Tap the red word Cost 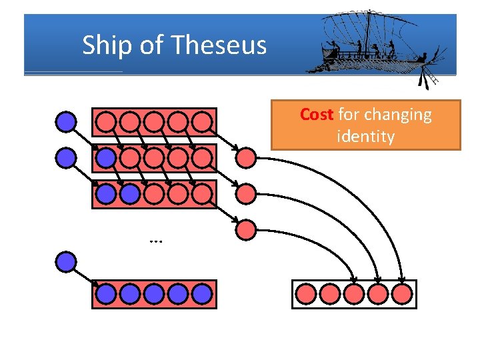(317, 115)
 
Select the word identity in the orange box (365, 137)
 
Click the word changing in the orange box (399, 115)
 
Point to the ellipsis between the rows (157, 240)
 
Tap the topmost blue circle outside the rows (65, 121)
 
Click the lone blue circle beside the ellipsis (65, 261)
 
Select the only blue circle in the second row (105, 157)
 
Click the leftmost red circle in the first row (105, 121)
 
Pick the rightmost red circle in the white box (402, 294)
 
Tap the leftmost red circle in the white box (306, 294)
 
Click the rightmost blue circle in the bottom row (202, 294)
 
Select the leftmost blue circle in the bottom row (105, 294)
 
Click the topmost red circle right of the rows (247, 158)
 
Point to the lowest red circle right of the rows (247, 231)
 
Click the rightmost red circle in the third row (202, 194)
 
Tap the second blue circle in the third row (130, 194)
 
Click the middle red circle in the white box (354, 294)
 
